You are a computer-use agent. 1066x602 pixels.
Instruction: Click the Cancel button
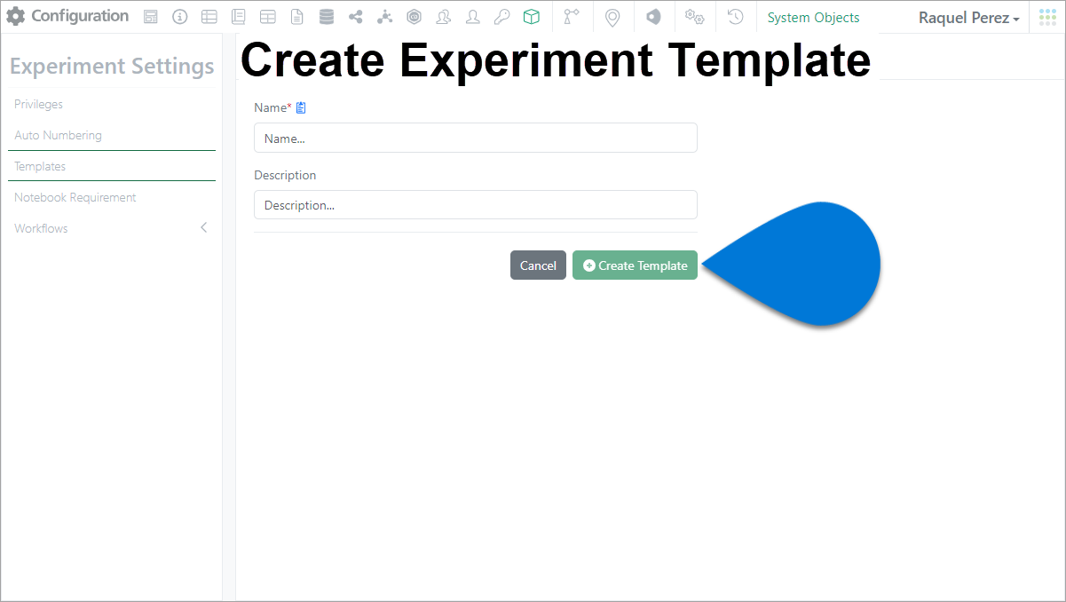(538, 265)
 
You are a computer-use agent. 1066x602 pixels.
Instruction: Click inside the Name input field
(476, 138)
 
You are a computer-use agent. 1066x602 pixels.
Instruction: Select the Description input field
(476, 205)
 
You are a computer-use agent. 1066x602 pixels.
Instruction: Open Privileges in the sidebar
(38, 104)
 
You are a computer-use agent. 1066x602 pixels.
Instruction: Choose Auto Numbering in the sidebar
(58, 135)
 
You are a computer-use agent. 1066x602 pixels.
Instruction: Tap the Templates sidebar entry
(40, 167)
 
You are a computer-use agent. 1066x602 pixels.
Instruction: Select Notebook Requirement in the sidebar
(75, 197)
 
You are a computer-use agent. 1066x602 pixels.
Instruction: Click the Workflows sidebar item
(41, 228)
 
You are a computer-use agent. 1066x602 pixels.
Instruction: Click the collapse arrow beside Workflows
(203, 227)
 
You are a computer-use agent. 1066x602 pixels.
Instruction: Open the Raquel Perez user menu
(968, 18)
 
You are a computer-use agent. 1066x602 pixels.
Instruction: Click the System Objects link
(813, 18)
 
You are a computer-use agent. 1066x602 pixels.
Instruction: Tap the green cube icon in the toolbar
(531, 17)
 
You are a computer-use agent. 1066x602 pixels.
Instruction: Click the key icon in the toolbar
(501, 17)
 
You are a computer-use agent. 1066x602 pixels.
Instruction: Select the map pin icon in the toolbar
(612, 18)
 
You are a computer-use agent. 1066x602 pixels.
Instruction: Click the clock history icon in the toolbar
(735, 17)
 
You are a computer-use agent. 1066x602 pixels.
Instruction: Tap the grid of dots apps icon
(1047, 17)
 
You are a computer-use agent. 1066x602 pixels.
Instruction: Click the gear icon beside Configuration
(16, 17)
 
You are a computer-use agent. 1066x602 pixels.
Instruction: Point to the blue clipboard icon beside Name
(301, 107)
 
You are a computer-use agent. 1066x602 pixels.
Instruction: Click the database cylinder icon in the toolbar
(327, 17)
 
